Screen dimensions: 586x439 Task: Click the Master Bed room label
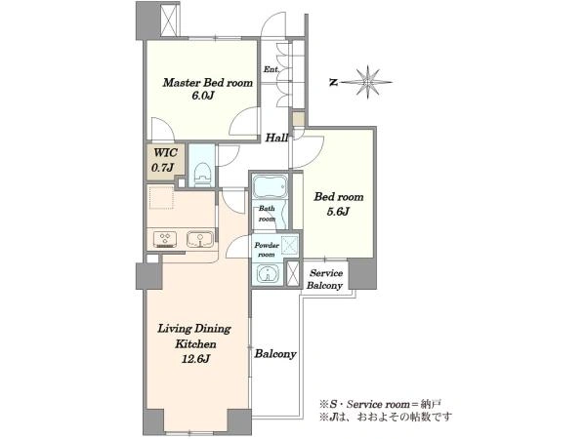pos(207,83)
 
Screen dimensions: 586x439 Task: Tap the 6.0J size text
pos(202,96)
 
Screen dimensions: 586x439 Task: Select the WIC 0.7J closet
pos(165,161)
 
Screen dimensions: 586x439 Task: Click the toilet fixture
pos(203,174)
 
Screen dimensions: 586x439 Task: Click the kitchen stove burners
pos(166,239)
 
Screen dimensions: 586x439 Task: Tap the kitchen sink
pos(200,239)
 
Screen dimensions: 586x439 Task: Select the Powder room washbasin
pos(269,273)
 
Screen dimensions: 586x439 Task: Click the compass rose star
pos(368,82)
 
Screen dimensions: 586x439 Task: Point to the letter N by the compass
pos(334,83)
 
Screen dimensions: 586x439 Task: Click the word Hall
pos(276,139)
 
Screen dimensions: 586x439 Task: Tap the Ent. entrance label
pos(271,69)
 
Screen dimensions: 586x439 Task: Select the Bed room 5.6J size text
pos(339,212)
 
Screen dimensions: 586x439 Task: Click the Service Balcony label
pos(324,279)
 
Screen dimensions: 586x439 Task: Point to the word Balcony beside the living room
pos(275,354)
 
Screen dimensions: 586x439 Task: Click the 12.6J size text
pos(195,359)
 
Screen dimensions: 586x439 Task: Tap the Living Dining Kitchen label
pos(194,336)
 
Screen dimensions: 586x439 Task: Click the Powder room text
pos(267,250)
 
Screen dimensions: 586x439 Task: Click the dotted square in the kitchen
pos(161,197)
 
